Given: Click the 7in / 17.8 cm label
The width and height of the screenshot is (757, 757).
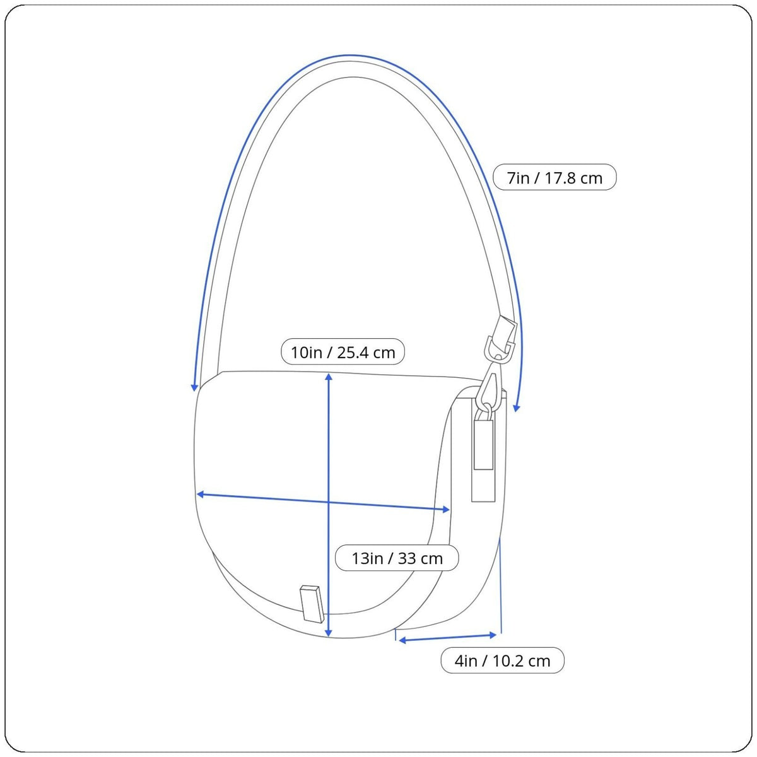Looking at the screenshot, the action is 555,177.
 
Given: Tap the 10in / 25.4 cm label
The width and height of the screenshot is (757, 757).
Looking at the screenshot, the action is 343,351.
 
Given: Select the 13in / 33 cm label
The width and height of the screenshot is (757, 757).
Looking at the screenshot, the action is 397,558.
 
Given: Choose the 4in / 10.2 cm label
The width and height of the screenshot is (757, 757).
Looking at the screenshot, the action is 502,660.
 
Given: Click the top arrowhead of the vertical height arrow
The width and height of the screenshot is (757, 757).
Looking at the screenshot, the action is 329,377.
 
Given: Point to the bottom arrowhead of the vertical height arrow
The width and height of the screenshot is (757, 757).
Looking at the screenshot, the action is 329,633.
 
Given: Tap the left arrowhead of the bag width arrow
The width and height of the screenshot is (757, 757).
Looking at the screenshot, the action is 200,494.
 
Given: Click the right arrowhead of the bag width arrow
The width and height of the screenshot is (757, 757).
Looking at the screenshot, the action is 446,510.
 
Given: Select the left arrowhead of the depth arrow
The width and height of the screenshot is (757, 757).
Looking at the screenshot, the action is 402,641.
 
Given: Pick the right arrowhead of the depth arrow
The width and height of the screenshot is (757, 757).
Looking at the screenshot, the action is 493,635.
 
